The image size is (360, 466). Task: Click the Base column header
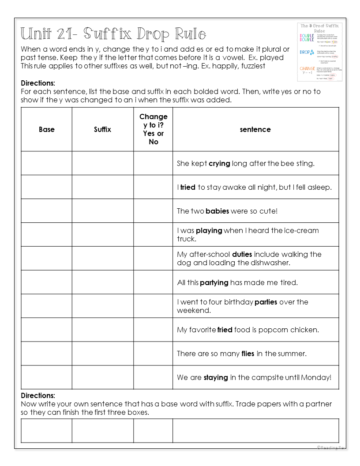(x=47, y=129)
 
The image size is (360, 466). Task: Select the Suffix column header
(x=102, y=129)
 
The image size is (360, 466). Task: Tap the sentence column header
(x=255, y=129)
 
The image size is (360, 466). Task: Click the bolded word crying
(x=219, y=163)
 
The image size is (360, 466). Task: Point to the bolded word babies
(x=217, y=211)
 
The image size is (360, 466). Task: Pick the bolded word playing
(x=209, y=230)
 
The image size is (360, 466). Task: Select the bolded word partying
(x=214, y=282)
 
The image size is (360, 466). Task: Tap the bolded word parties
(x=266, y=302)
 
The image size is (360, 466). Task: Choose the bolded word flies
(x=247, y=353)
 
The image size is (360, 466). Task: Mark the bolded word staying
(x=216, y=377)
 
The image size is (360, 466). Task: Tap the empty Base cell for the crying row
(x=47, y=163)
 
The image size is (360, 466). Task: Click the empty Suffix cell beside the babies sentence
(x=102, y=211)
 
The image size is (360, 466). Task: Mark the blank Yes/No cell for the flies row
(x=153, y=353)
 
